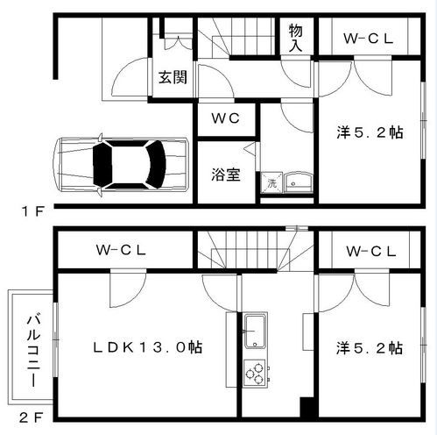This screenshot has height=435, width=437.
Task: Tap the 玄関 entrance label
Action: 173,76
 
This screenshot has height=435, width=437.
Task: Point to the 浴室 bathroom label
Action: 225,174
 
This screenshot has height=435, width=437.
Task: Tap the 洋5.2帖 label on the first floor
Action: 370,132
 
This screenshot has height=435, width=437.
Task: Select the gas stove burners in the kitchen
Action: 256,374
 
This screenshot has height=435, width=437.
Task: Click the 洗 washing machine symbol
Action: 272,183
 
